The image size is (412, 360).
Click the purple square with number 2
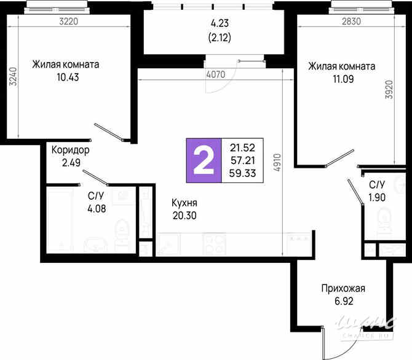click(x=204, y=160)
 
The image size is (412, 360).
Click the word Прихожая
click(x=343, y=288)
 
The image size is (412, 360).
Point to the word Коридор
click(x=71, y=150)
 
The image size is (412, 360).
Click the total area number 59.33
click(x=243, y=173)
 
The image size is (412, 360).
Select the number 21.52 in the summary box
click(x=243, y=147)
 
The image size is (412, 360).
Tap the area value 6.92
click(x=343, y=301)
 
